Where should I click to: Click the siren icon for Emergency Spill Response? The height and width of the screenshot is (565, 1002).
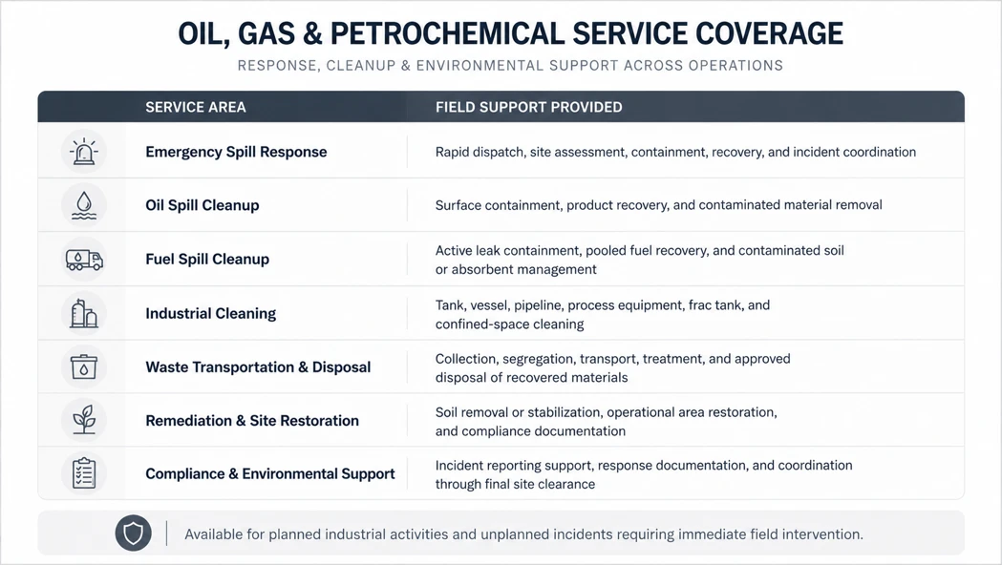[x=84, y=152]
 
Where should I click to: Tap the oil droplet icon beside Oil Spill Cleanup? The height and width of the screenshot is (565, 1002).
[x=84, y=205]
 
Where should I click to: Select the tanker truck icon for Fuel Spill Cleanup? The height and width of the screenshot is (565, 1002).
[x=84, y=260]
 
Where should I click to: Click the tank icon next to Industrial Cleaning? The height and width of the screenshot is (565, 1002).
[x=84, y=313]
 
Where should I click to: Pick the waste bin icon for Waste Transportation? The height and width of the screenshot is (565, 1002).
[x=84, y=366]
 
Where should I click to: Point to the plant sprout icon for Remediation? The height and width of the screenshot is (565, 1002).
[x=84, y=420]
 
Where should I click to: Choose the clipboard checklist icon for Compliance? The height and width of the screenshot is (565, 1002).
[x=84, y=473]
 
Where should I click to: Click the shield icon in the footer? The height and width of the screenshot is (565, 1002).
[x=133, y=534]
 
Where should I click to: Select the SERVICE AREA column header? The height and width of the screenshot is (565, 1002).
[x=196, y=107]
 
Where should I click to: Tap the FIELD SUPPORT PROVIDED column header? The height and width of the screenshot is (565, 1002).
[x=528, y=107]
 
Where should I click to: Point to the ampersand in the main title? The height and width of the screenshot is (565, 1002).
[x=312, y=33]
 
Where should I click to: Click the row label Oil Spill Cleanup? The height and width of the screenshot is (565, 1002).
[x=202, y=205]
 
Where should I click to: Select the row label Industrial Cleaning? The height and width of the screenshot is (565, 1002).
[x=211, y=313]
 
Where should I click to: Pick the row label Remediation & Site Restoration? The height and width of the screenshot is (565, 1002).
[x=252, y=421]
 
